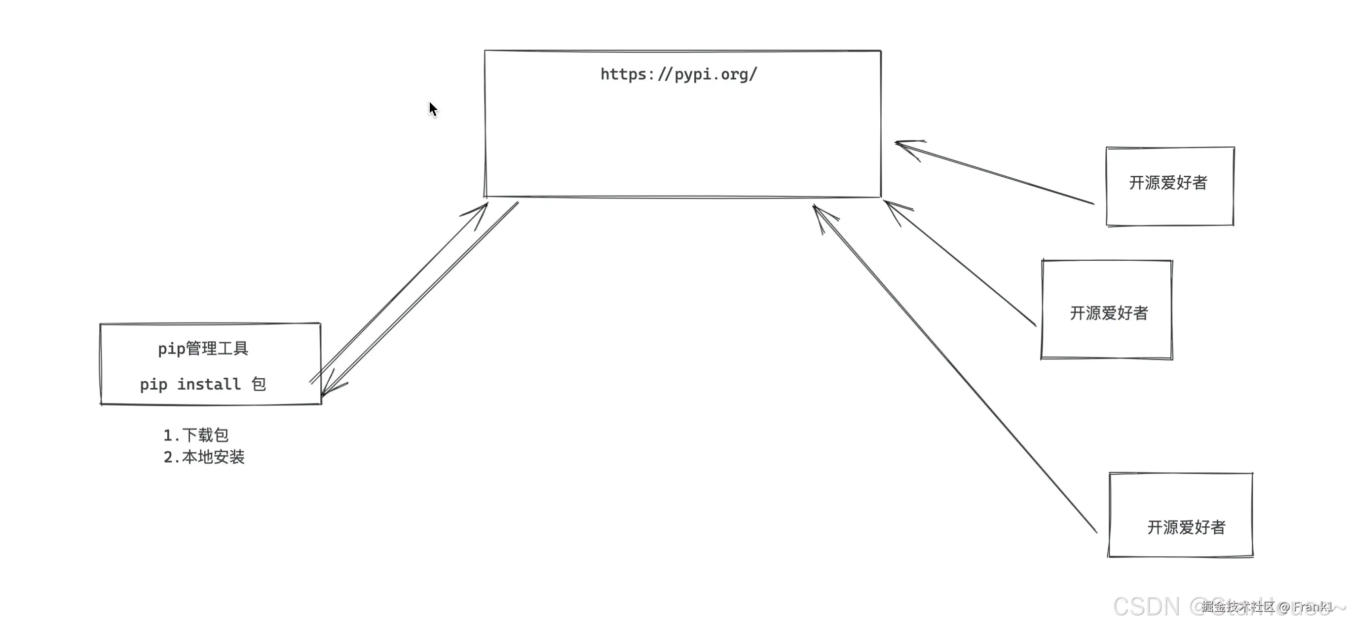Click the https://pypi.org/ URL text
tap(678, 75)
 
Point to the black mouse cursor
tap(433, 109)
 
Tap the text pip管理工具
tap(203, 349)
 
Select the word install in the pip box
tap(209, 384)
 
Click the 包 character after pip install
tap(259, 384)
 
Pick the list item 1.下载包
tap(196, 435)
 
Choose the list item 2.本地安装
tap(204, 457)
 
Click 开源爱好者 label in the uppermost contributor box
tap(1168, 183)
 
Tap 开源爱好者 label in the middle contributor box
tap(1109, 314)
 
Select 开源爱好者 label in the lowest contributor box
tap(1186, 527)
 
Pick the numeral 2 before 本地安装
tap(168, 458)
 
